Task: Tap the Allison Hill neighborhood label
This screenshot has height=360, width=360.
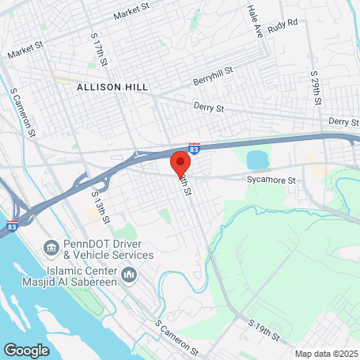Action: coord(111,86)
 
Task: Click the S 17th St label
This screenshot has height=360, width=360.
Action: coord(98,49)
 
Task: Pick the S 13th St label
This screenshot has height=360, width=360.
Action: coord(100,207)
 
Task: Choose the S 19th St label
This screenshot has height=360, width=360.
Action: coord(266,332)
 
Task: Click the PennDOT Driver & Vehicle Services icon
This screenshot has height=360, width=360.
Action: coord(51,248)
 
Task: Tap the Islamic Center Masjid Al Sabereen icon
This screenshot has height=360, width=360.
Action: coord(130,275)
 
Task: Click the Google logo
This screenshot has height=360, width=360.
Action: coord(27,350)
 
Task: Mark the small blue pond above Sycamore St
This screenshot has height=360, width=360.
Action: coord(259,159)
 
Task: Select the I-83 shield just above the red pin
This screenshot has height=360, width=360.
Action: coord(195,147)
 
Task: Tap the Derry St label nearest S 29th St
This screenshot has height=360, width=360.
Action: coord(343,122)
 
